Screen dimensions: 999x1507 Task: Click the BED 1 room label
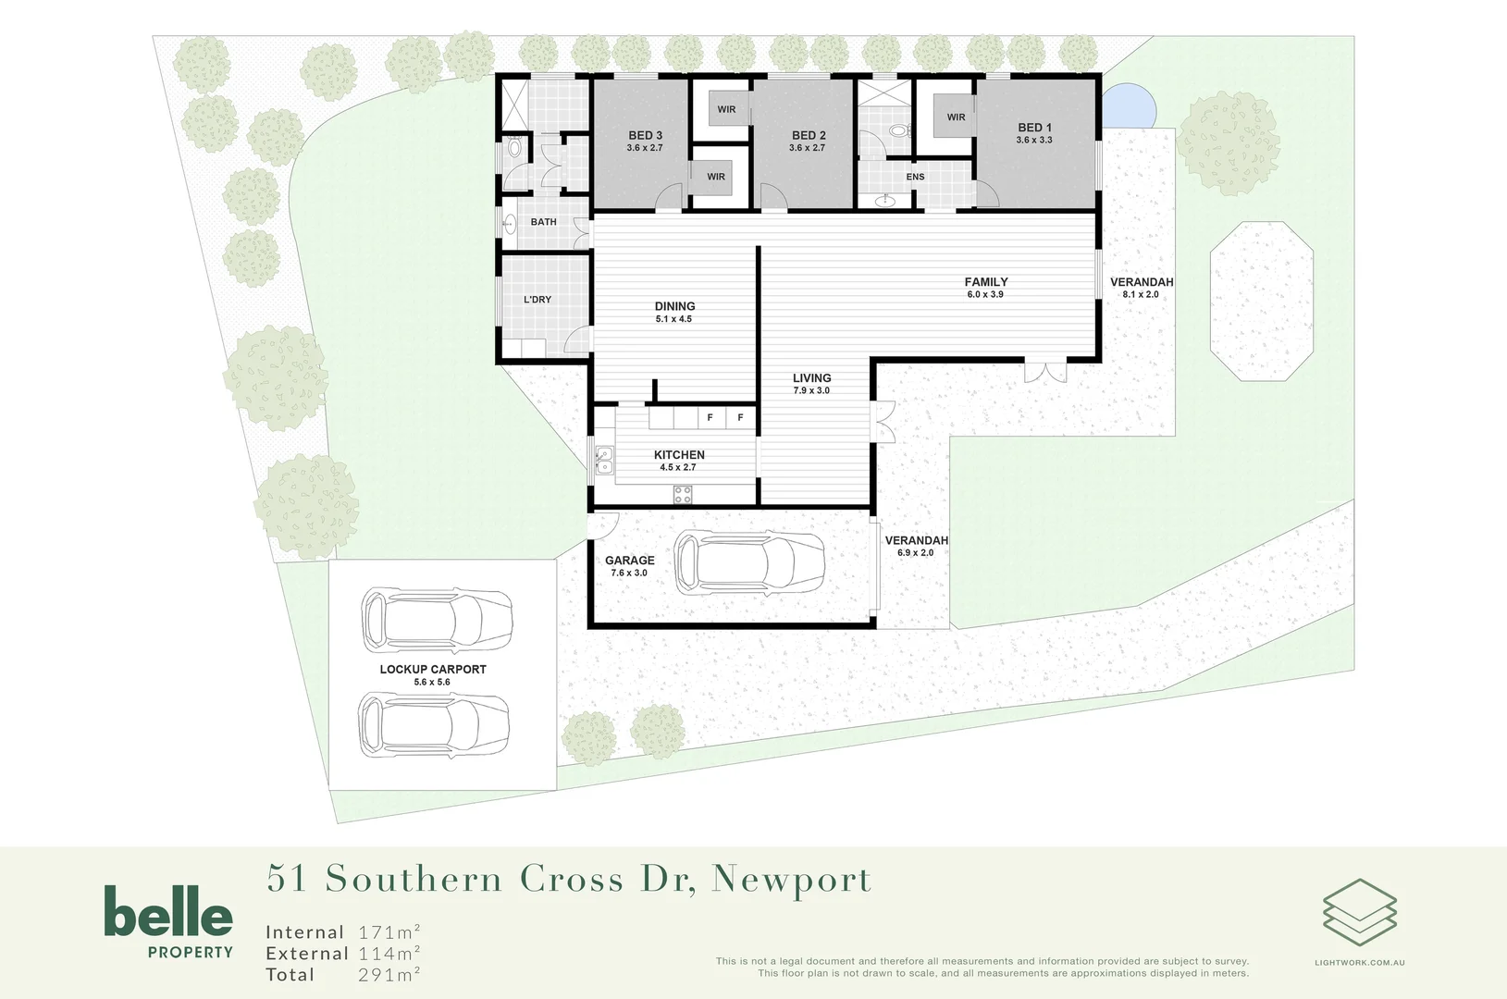pos(1034,128)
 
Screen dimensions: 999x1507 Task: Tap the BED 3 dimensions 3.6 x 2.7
pos(645,148)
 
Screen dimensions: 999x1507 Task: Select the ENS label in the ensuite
pos(915,177)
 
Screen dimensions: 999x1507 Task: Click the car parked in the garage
pos(749,562)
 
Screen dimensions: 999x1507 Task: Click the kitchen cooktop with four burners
pos(683,495)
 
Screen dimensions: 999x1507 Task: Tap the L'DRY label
pos(537,300)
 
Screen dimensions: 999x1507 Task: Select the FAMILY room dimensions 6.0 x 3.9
pos(985,295)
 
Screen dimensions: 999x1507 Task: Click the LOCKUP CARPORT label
pos(433,669)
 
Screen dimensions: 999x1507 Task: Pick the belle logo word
pos(168,912)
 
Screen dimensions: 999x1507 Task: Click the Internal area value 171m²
pos(389,931)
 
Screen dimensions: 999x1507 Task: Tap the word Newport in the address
pos(791,879)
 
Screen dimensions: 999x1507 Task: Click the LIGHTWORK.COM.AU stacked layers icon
pos(1359,912)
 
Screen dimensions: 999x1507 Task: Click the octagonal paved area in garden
pos(1262,301)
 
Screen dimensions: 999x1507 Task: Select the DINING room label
pos(674,306)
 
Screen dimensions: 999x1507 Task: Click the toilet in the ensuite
pos(898,131)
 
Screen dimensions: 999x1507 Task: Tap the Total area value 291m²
pos(389,974)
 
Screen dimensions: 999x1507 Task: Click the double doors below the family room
pos(1045,372)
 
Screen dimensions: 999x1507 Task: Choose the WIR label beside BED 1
pos(956,117)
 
